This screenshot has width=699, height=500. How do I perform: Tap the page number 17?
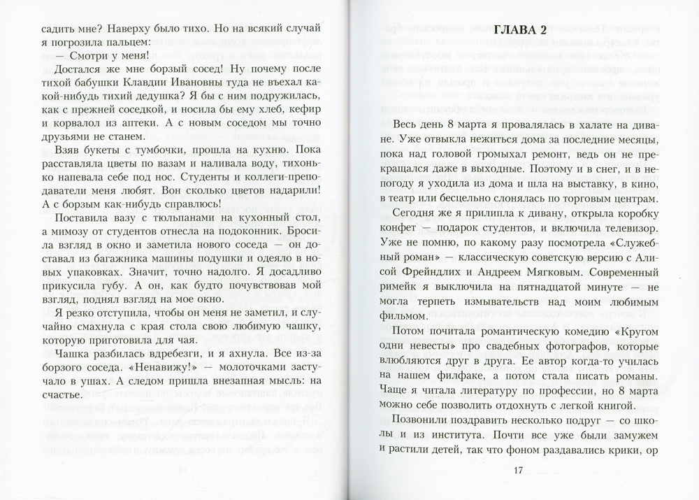pos(518,470)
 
